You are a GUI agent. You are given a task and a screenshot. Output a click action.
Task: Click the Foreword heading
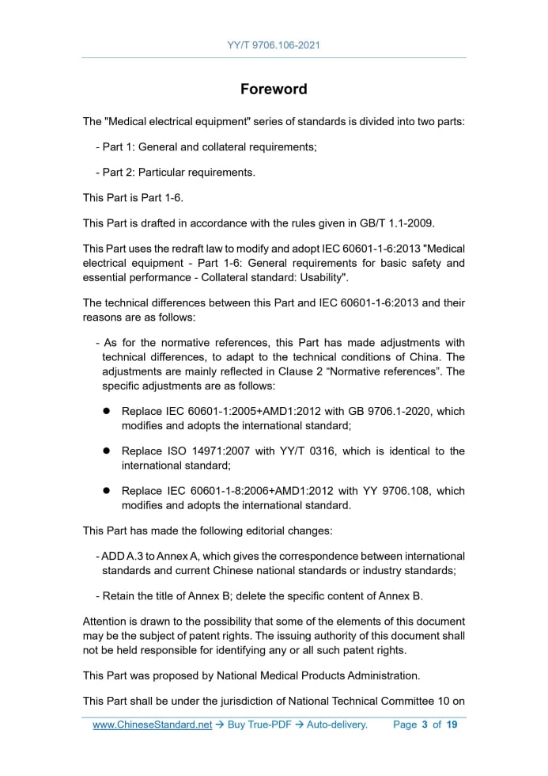pos(274,89)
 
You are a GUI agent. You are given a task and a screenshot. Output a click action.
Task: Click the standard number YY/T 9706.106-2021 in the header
pos(274,45)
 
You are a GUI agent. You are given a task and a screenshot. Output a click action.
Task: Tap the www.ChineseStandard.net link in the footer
pos(152,725)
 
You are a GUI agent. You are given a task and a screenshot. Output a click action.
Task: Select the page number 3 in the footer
pos(425,725)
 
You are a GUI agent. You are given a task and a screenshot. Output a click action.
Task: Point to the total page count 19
pos(452,725)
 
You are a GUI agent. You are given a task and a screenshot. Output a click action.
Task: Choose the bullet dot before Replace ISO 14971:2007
pos(105,451)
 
